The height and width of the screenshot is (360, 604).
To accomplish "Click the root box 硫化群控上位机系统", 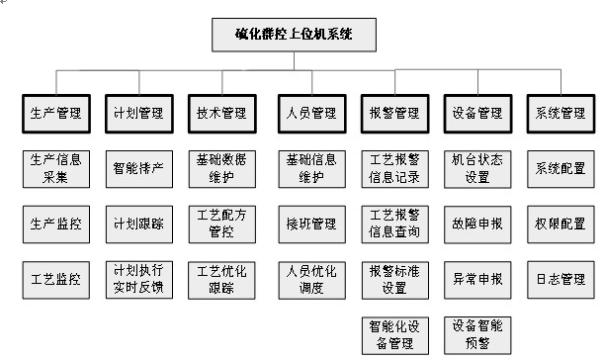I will (294, 37).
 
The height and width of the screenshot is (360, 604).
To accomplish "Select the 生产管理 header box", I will (55, 113).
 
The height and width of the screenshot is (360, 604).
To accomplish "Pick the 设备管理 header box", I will (476, 113).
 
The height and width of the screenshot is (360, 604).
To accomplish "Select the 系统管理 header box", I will (559, 113).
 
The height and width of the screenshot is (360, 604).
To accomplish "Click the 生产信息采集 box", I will (55, 168).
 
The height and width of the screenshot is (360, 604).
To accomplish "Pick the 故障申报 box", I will (476, 224).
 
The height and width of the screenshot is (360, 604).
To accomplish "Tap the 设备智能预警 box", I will (476, 334).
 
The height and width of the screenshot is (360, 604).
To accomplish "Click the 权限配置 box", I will (559, 224).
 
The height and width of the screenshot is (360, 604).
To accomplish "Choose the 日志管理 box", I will (559, 279).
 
